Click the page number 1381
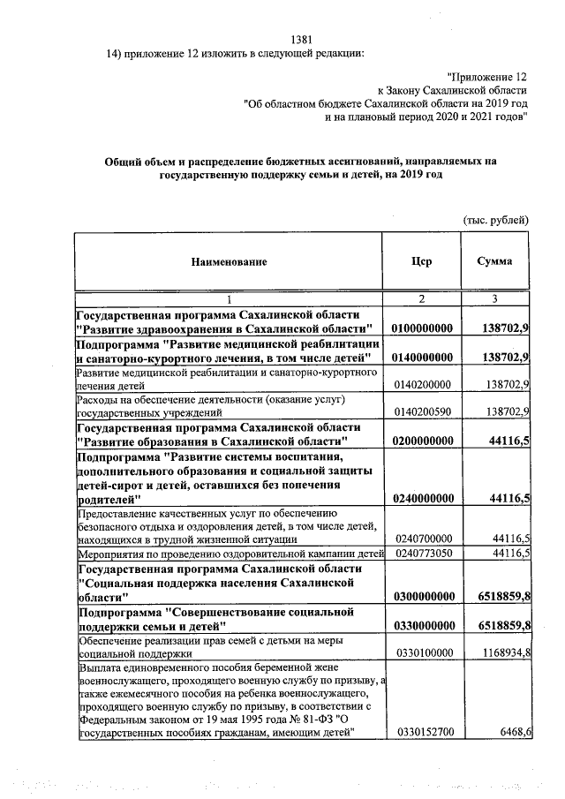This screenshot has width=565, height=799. click(302, 39)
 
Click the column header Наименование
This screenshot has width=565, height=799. click(227, 262)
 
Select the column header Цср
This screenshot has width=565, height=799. click(422, 262)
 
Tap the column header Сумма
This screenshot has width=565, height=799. click(494, 262)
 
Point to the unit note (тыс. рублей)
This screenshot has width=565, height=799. click(495, 219)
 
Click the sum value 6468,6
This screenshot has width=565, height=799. click(511, 757)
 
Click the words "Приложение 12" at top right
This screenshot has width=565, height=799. click(488, 77)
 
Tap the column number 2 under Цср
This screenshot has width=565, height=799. click(422, 299)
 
